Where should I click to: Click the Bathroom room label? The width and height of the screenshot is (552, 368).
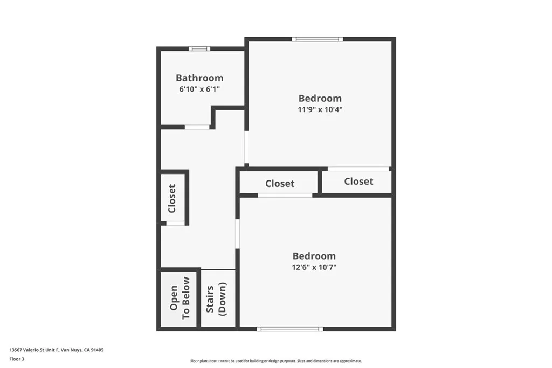tap(199, 78)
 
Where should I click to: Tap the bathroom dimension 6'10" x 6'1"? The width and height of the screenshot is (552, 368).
tap(199, 89)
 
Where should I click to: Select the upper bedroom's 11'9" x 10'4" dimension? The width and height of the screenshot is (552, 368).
tap(320, 109)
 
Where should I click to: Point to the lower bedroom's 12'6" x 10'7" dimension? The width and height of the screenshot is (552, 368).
tap(314, 267)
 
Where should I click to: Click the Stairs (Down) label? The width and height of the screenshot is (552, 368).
tap(216, 299)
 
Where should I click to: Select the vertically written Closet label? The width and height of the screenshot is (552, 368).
tap(172, 198)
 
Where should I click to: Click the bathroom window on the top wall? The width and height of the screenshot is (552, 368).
tap(199, 48)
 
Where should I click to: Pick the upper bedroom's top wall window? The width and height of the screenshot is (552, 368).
tap(318, 39)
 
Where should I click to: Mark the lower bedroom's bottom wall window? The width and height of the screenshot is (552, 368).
tap(289, 329)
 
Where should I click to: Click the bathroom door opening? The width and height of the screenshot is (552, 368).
tap(197, 127)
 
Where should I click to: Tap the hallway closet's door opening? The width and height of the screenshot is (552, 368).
tap(175, 223)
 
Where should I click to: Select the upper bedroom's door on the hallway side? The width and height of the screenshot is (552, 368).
tap(246, 148)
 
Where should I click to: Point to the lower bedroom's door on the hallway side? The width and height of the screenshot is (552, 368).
tap(237, 234)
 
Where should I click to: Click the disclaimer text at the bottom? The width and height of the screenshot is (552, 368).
tap(275, 361)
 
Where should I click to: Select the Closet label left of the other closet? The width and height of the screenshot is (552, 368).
tap(280, 184)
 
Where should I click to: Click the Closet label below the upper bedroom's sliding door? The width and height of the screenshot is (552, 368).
tap(358, 182)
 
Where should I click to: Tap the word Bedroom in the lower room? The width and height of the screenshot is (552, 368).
tap(314, 256)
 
